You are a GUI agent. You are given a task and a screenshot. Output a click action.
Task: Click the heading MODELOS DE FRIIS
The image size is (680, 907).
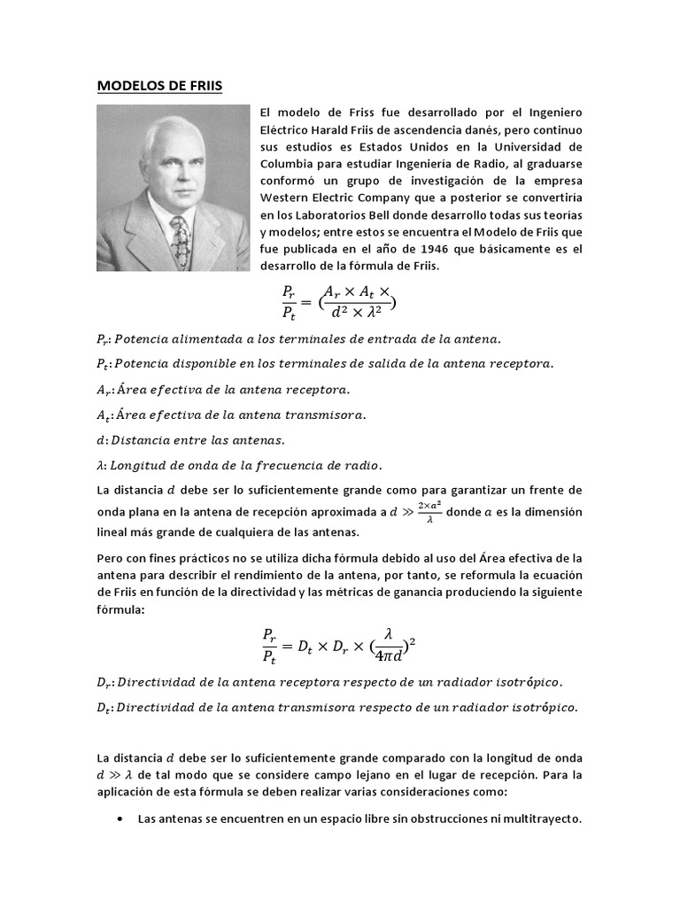[x=159, y=86]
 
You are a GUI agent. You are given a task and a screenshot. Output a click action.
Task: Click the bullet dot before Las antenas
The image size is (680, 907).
[x=120, y=819]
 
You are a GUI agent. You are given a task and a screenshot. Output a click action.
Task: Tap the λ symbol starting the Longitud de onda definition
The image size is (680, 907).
[x=100, y=465]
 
